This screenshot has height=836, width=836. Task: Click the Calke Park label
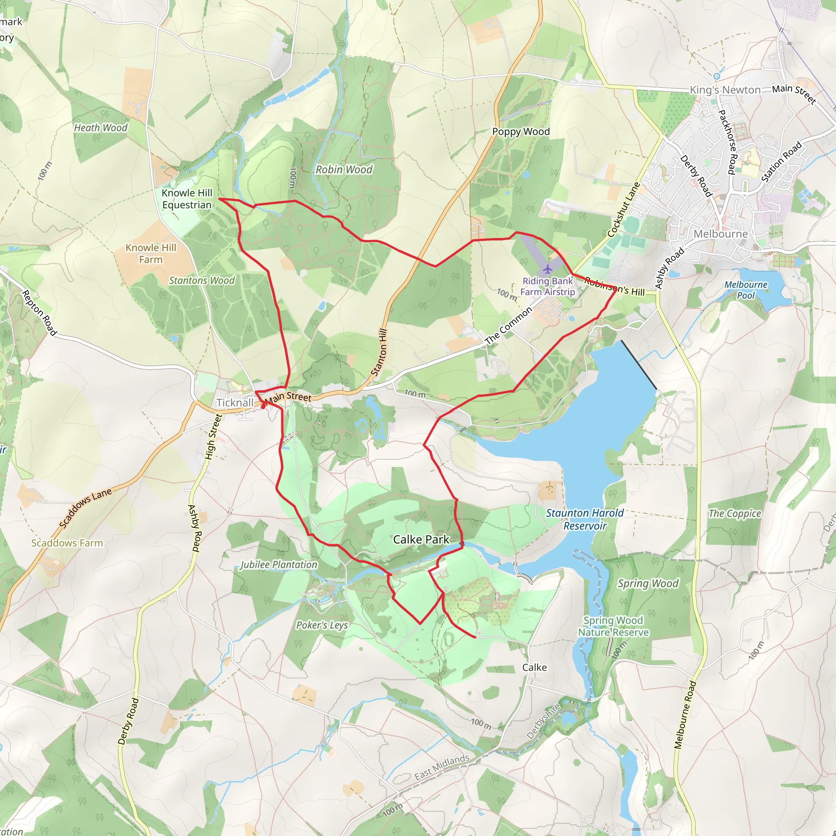click(x=420, y=539)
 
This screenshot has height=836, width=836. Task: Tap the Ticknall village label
click(x=235, y=403)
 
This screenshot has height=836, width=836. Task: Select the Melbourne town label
click(x=720, y=234)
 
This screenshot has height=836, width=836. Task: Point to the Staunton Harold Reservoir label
click(x=585, y=519)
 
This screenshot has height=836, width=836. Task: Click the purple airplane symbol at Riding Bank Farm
click(x=547, y=269)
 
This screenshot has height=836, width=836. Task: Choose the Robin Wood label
click(x=344, y=170)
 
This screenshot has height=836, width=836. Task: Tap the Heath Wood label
click(x=100, y=128)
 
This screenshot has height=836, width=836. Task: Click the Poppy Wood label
click(x=520, y=131)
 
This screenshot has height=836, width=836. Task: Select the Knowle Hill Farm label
click(x=151, y=253)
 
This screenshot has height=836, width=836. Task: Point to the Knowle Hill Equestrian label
click(x=187, y=199)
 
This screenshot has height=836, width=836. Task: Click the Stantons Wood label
click(x=202, y=280)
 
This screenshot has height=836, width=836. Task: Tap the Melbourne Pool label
click(x=745, y=290)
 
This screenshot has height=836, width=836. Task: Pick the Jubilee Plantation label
click(x=279, y=565)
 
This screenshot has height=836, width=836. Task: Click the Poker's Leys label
click(x=322, y=625)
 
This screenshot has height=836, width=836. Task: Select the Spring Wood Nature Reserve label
click(x=613, y=626)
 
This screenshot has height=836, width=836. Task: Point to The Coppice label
click(x=734, y=514)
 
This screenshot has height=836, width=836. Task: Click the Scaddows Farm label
click(x=67, y=543)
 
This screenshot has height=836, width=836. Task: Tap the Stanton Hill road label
click(x=379, y=352)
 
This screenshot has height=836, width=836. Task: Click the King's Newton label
click(x=725, y=90)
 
